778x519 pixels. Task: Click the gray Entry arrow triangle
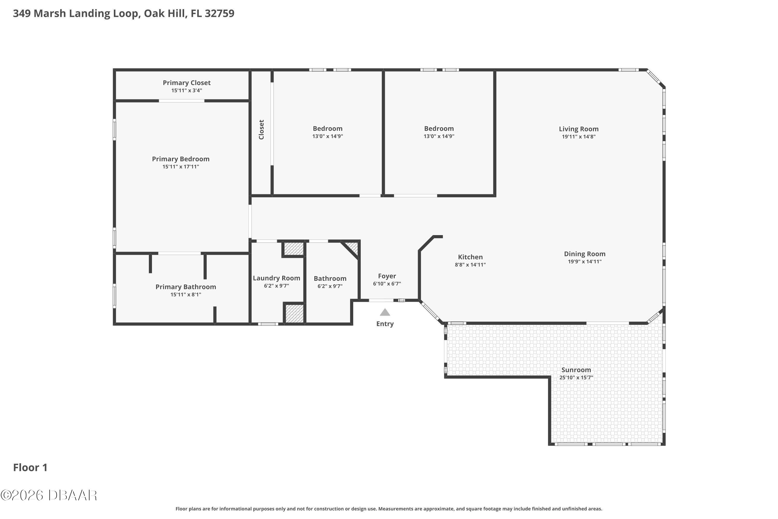click(x=384, y=312)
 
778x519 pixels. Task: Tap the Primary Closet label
click(x=186, y=83)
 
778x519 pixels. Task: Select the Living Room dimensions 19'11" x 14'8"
click(x=579, y=137)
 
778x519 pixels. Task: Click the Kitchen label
click(x=470, y=257)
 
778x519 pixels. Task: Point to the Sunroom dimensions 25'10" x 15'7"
click(x=576, y=378)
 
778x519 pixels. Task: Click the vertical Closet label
click(x=261, y=130)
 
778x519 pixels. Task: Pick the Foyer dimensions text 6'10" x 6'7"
click(x=387, y=284)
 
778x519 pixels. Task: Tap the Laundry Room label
click(x=276, y=278)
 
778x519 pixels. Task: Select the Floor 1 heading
click(x=30, y=467)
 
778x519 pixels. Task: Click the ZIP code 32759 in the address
click(x=219, y=13)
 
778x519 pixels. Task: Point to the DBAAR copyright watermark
click(x=49, y=495)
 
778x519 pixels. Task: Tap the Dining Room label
click(x=585, y=254)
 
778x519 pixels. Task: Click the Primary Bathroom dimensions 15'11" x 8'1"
click(x=186, y=295)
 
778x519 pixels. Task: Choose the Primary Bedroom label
click(x=180, y=159)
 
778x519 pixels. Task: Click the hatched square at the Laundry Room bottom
click(x=294, y=313)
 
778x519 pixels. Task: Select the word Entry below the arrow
click(x=385, y=324)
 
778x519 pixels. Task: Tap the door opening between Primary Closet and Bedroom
click(x=181, y=101)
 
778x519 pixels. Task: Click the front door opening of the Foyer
click(x=381, y=300)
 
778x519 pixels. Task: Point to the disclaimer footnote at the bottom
click(x=389, y=509)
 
